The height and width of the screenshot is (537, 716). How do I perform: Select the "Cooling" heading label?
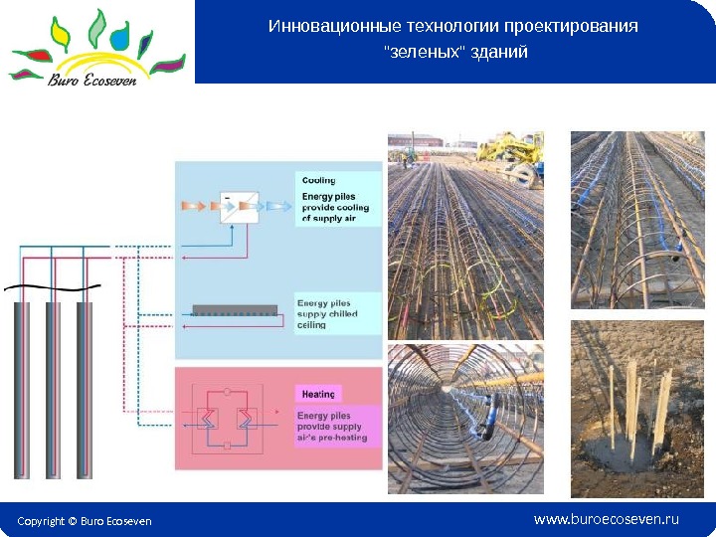pos(318,180)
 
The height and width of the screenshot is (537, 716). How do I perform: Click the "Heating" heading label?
pos(319,394)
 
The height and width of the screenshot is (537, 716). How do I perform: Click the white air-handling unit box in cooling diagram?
pos(238,207)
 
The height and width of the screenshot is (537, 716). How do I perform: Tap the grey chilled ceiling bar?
pos(234,309)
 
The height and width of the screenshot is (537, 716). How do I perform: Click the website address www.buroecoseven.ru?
pos(607,519)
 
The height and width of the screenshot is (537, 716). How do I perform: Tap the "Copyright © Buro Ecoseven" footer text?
pos(84,520)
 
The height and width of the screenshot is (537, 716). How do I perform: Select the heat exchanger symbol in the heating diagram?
pos(228,419)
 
